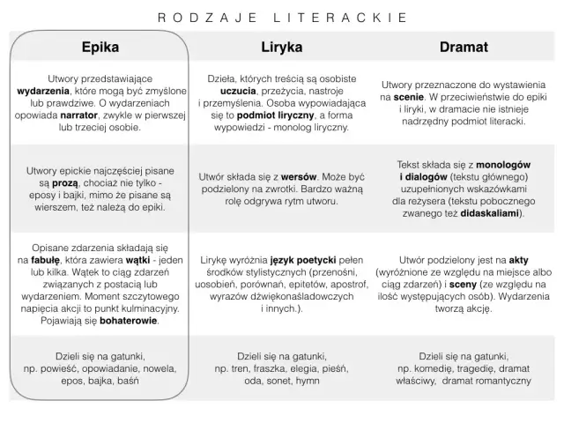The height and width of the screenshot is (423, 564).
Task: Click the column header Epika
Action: click(100, 48)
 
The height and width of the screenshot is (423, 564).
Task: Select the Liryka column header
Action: click(282, 48)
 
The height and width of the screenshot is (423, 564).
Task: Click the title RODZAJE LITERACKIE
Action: click(282, 17)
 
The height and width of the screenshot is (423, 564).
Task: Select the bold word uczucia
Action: click(238, 91)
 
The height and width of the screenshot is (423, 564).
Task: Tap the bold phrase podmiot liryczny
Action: click(265, 115)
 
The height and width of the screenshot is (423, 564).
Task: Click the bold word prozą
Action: click(66, 182)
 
